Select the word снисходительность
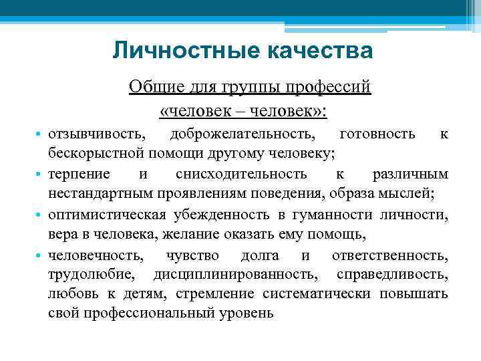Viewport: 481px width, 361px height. coord(242,174)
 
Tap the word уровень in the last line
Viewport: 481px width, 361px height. coord(250,314)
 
